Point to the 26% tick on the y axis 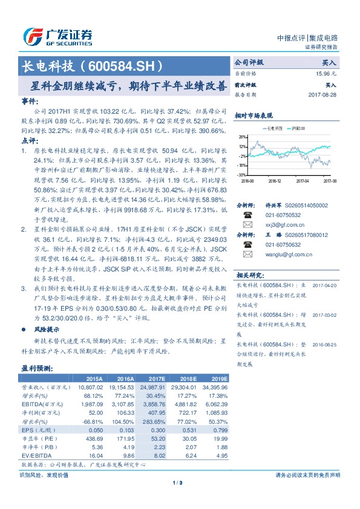(x=242, y=137)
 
